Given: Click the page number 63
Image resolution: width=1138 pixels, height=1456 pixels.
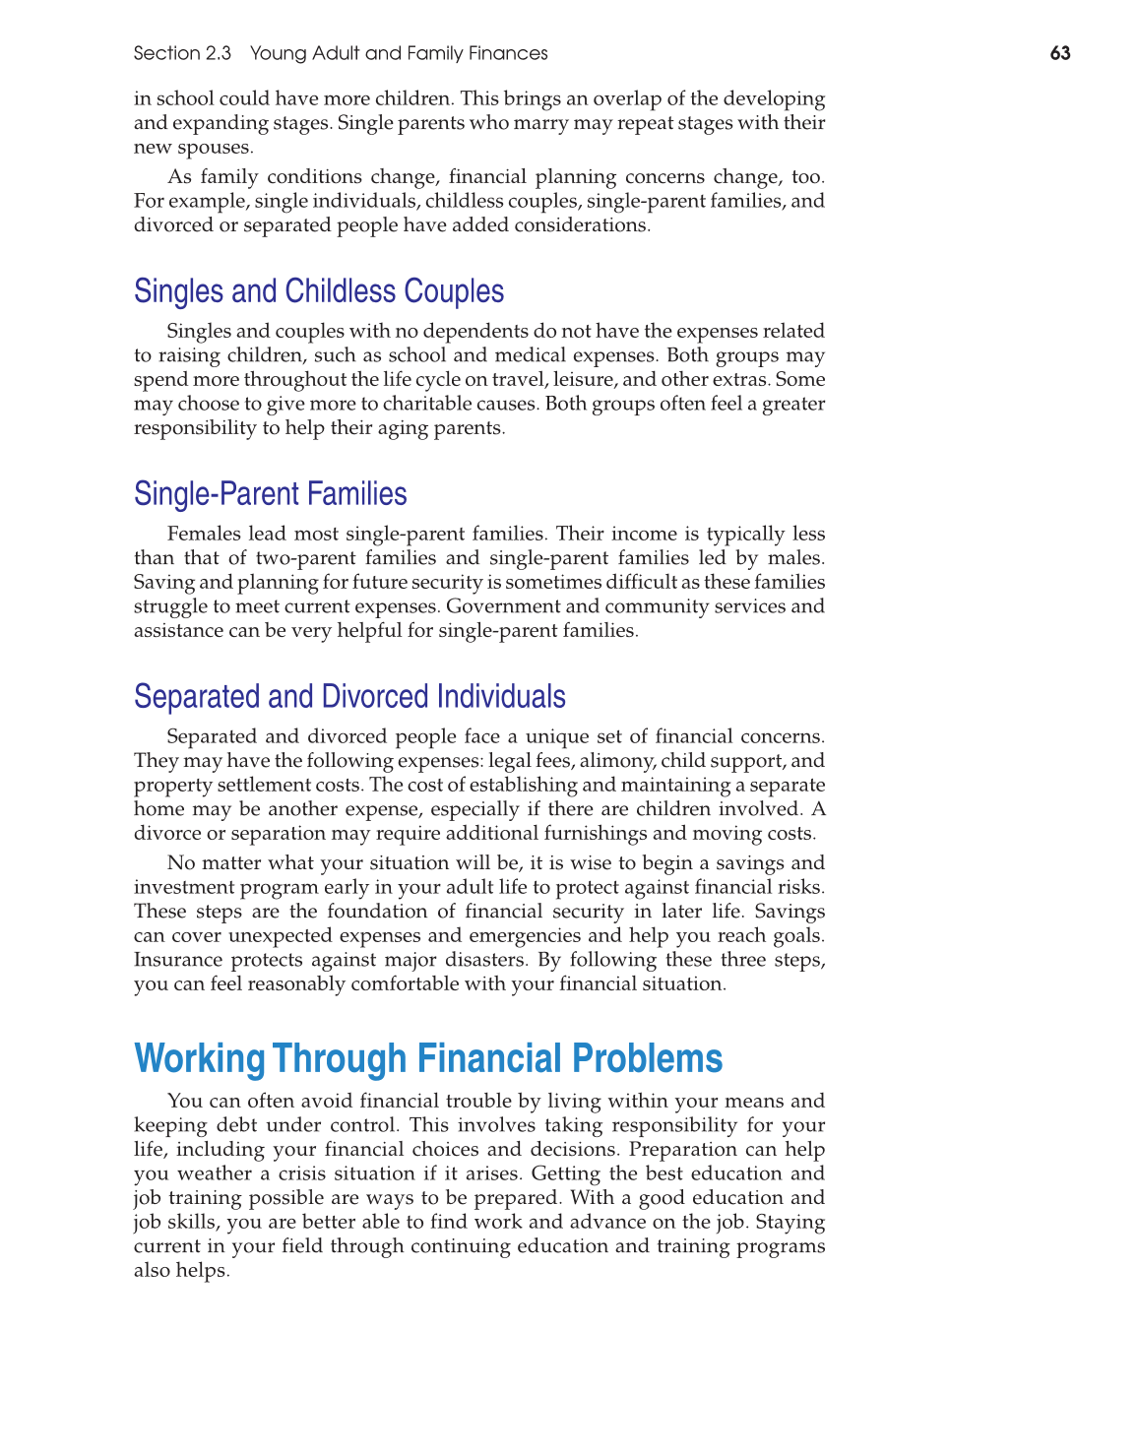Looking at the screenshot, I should pyautogui.click(x=1059, y=53).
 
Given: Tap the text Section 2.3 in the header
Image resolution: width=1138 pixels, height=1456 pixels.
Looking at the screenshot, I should pyautogui.click(x=182, y=53).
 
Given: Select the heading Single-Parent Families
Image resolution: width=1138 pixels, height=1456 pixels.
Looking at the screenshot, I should pyautogui.click(x=271, y=494).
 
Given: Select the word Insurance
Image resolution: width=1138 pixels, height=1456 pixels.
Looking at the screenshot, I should pyautogui.click(x=177, y=960).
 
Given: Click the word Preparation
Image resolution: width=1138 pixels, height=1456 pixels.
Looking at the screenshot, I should pyautogui.click(x=685, y=1150).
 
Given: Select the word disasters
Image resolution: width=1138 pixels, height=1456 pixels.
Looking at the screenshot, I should pyautogui.click(x=479, y=960).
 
